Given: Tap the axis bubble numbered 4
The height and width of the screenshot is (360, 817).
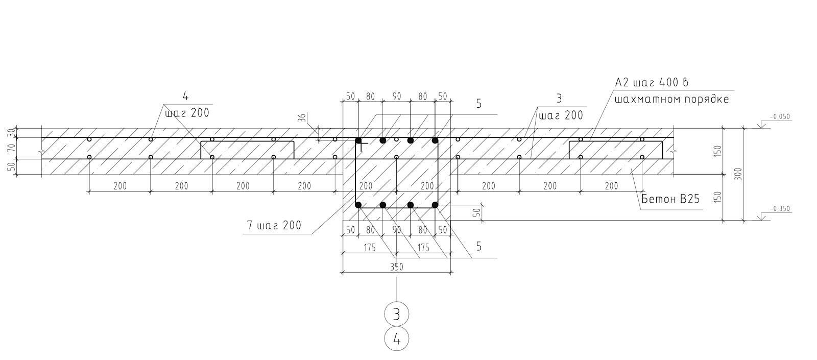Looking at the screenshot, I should pyautogui.click(x=397, y=338).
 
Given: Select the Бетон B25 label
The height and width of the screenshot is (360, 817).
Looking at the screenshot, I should pyautogui.click(x=669, y=200).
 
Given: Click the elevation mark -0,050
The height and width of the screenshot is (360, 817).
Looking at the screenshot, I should pyautogui.click(x=780, y=116).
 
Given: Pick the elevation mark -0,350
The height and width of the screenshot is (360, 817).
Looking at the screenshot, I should pyautogui.click(x=780, y=208).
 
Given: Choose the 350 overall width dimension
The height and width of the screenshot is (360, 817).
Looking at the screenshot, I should pyautogui.click(x=397, y=267).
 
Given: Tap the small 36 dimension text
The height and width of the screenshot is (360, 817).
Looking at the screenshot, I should pyautogui.click(x=302, y=118).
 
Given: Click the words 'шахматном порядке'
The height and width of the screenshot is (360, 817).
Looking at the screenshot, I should pyautogui.click(x=672, y=99).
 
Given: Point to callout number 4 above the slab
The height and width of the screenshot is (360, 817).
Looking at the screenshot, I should pyautogui.click(x=185, y=95).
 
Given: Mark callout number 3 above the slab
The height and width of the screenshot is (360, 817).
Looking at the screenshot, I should pyautogui.click(x=558, y=97).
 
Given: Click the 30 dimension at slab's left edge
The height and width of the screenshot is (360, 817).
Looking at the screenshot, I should pyautogui.click(x=11, y=133).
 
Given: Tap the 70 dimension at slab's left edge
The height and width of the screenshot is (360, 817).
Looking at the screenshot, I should pyautogui.click(x=11, y=149).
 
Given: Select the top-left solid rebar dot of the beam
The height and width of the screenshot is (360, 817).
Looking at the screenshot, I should pyautogui.click(x=358, y=140).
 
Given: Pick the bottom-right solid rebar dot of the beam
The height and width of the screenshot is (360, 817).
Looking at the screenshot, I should pyautogui.click(x=435, y=205).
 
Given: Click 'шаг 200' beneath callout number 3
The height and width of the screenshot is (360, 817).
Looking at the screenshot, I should pyautogui.click(x=561, y=115).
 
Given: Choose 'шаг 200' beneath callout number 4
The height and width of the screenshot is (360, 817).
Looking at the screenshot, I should pyautogui.click(x=187, y=113).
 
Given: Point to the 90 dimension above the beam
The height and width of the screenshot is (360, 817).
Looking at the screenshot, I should pyautogui.click(x=396, y=96).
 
